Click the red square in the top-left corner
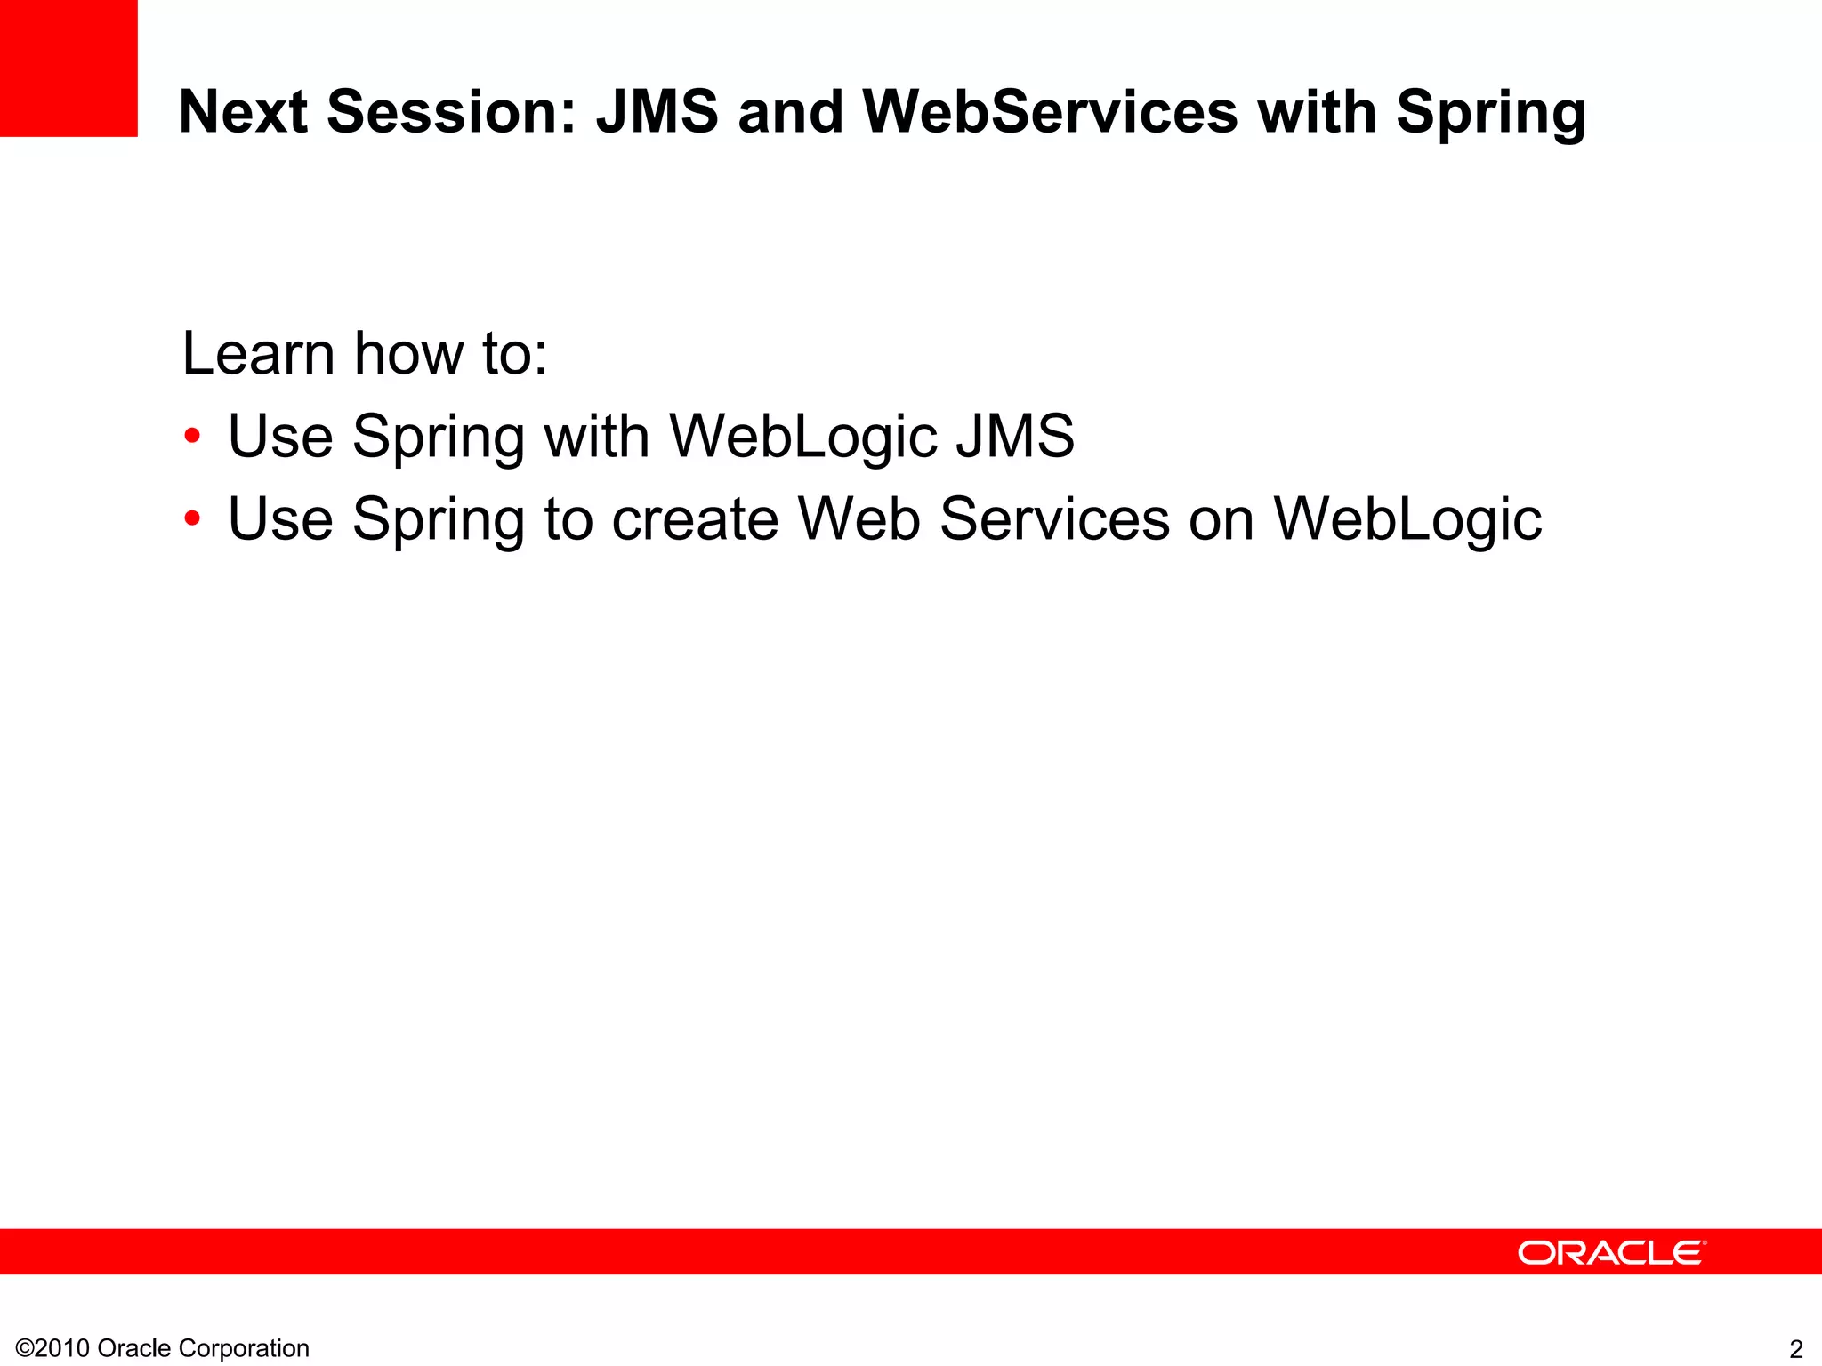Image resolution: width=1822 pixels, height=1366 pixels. coord(69,68)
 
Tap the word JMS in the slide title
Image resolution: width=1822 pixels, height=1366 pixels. coord(657,112)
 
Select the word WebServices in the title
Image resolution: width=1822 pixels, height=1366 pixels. coord(1050,112)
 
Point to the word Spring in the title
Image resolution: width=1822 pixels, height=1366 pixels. coord(1490,114)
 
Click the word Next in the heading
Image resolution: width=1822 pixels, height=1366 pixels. coord(243,112)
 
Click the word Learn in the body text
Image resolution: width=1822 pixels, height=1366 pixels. coord(258,353)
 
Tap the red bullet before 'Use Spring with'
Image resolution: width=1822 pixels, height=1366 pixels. coord(192,437)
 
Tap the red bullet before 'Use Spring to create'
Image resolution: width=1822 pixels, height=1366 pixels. coord(192,518)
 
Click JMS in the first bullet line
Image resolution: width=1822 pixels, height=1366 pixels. coord(1015,437)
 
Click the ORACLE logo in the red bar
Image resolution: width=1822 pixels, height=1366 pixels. coord(1611,1252)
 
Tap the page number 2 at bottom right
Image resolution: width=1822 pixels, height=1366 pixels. coord(1796,1349)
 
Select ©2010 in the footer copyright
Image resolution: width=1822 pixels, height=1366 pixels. coord(52,1348)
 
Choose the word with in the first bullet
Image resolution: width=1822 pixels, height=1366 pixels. coord(596,437)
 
